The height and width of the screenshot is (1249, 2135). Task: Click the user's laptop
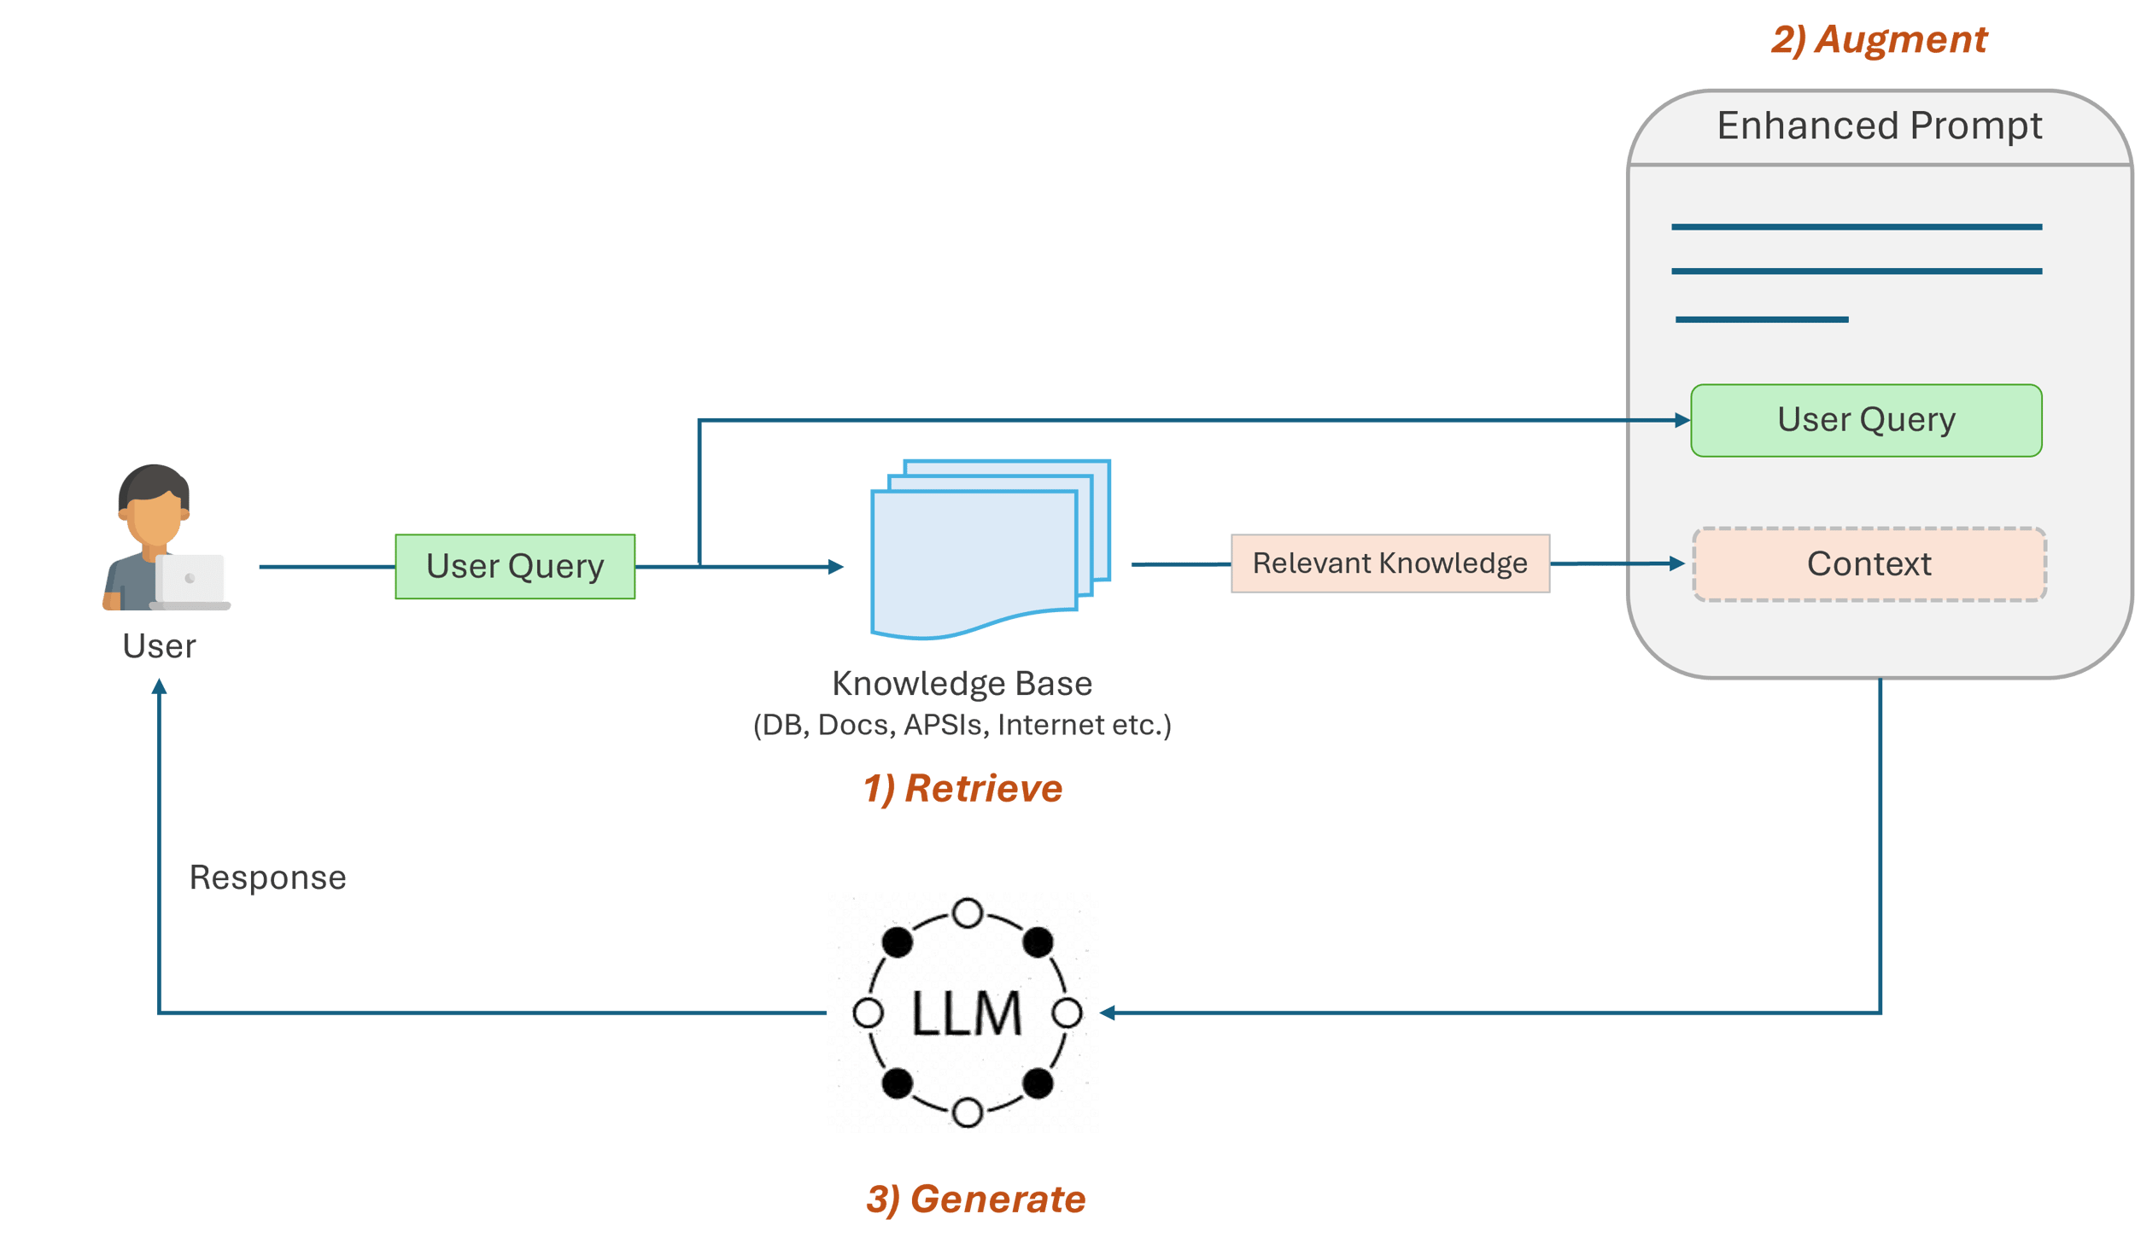coord(190,581)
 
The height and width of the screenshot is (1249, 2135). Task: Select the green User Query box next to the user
coord(515,567)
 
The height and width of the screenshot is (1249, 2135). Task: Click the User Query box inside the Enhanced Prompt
coord(1866,421)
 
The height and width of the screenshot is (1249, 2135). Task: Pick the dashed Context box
coord(1869,564)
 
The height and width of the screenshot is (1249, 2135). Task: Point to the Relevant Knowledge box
coord(1389,563)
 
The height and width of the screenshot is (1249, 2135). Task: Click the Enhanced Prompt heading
coord(1879,126)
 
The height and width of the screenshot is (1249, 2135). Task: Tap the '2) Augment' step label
coord(1879,40)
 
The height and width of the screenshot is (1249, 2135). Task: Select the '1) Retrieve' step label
coord(962,788)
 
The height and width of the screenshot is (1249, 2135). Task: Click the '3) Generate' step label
coord(975,1199)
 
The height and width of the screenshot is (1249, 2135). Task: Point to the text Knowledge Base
coord(962,684)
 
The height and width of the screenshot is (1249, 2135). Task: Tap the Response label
coord(267,878)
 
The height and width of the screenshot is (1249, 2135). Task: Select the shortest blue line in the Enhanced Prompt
coord(1761,319)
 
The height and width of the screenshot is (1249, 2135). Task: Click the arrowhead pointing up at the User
coord(159,686)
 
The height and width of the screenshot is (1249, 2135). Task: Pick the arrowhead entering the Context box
coord(1676,563)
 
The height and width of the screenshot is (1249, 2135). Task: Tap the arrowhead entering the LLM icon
coord(1108,1013)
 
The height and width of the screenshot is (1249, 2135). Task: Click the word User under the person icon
coord(159,646)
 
